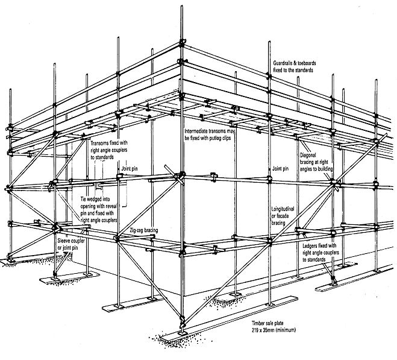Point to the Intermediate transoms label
pos(208,131)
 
